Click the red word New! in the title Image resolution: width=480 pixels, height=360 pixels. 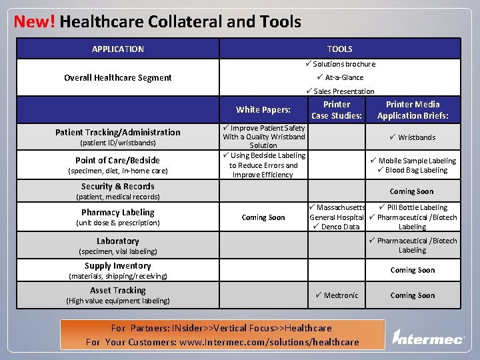pos(34,21)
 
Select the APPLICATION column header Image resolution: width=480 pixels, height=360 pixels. pos(118,49)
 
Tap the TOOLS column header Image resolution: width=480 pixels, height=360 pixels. pos(339,49)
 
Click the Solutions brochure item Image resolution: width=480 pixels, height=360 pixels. pos(343,64)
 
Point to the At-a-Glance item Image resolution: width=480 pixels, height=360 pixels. pos(343,77)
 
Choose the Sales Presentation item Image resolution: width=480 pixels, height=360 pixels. pos(343,91)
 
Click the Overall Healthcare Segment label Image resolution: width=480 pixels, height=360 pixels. pos(118,77)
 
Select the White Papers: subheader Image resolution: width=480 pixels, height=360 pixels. pos(263,110)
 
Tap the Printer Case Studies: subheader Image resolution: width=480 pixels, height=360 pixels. pos(337,110)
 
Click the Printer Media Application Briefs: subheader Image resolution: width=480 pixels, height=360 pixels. pos(413,110)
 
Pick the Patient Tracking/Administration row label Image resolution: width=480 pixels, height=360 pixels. pos(118,132)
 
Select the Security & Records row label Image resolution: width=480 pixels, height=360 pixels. pos(118,187)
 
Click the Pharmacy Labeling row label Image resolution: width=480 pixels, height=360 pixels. pos(118,213)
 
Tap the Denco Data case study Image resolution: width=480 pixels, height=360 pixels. pos(339,227)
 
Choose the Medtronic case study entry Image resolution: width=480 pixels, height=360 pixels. pos(339,295)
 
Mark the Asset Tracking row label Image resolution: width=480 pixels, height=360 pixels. pos(118,290)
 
